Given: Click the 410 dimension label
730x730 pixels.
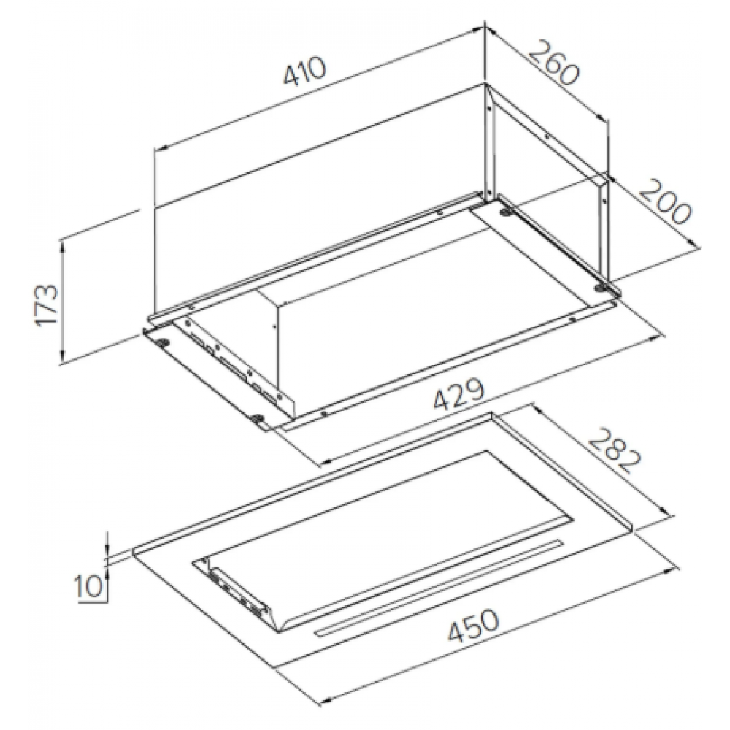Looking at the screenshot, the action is click(305, 72).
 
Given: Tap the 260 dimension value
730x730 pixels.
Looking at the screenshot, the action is click(554, 64).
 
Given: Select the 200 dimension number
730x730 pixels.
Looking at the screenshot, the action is click(664, 201).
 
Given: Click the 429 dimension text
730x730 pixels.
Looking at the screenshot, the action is click(459, 394).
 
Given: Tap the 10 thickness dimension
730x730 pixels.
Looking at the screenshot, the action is click(88, 587).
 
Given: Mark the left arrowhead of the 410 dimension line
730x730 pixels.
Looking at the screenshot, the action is click(159, 148).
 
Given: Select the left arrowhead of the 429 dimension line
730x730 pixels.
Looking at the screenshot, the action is click(325, 461).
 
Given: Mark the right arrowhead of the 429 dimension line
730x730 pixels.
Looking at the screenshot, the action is click(656, 337).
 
